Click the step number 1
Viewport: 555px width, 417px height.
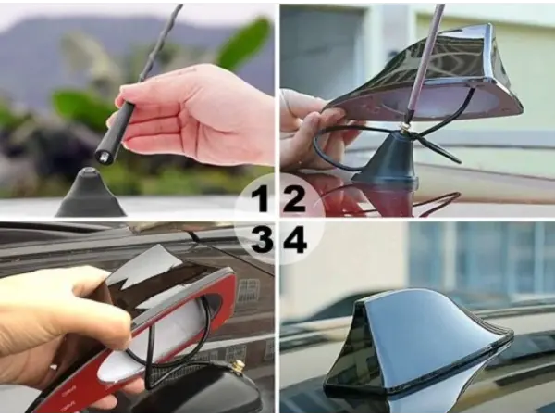click(x=261, y=199)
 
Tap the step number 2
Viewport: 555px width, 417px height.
click(x=294, y=199)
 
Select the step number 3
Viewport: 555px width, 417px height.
click(x=262, y=240)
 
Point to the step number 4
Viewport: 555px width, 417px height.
click(x=295, y=240)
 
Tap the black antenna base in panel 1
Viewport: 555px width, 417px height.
click(x=91, y=194)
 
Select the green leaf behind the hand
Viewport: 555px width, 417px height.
click(x=243, y=44)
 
